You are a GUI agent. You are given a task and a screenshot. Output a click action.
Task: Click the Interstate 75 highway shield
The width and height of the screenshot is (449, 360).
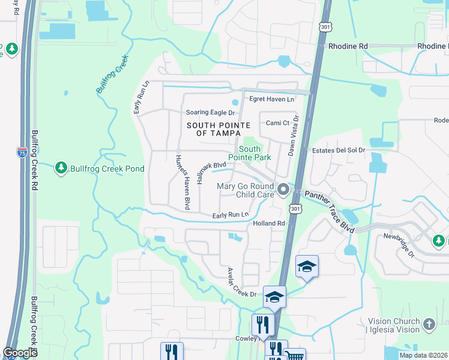pos(22,153)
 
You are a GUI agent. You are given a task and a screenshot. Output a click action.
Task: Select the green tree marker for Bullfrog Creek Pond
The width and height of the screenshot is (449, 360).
pos(61,168)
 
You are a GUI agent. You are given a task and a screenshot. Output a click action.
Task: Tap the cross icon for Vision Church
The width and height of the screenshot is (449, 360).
pos(428,325)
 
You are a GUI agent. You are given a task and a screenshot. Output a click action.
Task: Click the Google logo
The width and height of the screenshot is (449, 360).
pos(20,353)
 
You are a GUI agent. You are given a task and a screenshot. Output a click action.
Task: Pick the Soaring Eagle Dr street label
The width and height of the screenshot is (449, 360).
pos(210,112)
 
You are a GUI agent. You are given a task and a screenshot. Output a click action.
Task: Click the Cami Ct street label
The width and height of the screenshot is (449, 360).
pos(278,123)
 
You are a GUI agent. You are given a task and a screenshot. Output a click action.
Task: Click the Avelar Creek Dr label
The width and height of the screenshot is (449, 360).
pos(241,283)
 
